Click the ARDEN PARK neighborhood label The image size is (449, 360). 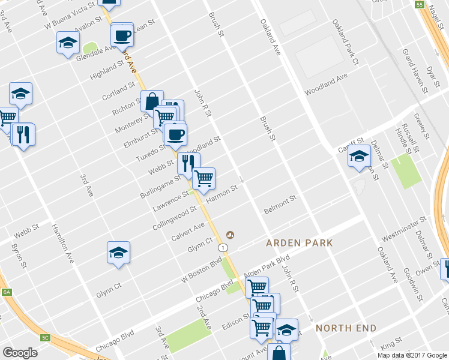[300, 243]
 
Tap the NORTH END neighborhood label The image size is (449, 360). [346, 328]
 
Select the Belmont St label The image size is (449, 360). [280, 205]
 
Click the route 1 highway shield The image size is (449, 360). [223, 247]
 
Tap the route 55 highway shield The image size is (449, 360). [420, 4]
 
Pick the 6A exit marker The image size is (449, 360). [7, 292]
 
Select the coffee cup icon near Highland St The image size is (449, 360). [122, 35]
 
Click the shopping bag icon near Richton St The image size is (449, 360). [152, 101]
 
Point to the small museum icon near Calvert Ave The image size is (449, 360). [229, 235]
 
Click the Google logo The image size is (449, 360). [20, 352]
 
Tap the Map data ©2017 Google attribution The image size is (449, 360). [412, 355]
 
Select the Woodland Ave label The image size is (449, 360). [326, 85]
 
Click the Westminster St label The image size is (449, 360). [403, 228]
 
